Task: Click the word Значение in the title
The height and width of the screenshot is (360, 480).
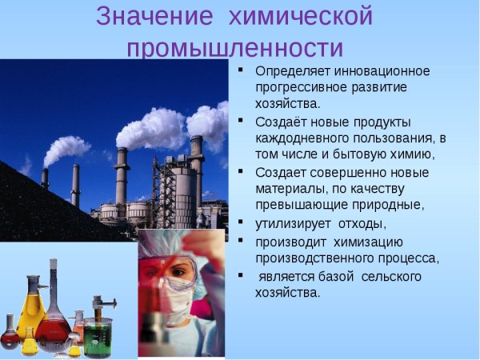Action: tap(151, 17)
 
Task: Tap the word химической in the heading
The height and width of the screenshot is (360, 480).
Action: tap(301, 17)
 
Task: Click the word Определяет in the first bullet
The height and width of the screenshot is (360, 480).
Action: tap(294, 71)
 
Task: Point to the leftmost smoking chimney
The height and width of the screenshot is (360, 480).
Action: tap(45, 179)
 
